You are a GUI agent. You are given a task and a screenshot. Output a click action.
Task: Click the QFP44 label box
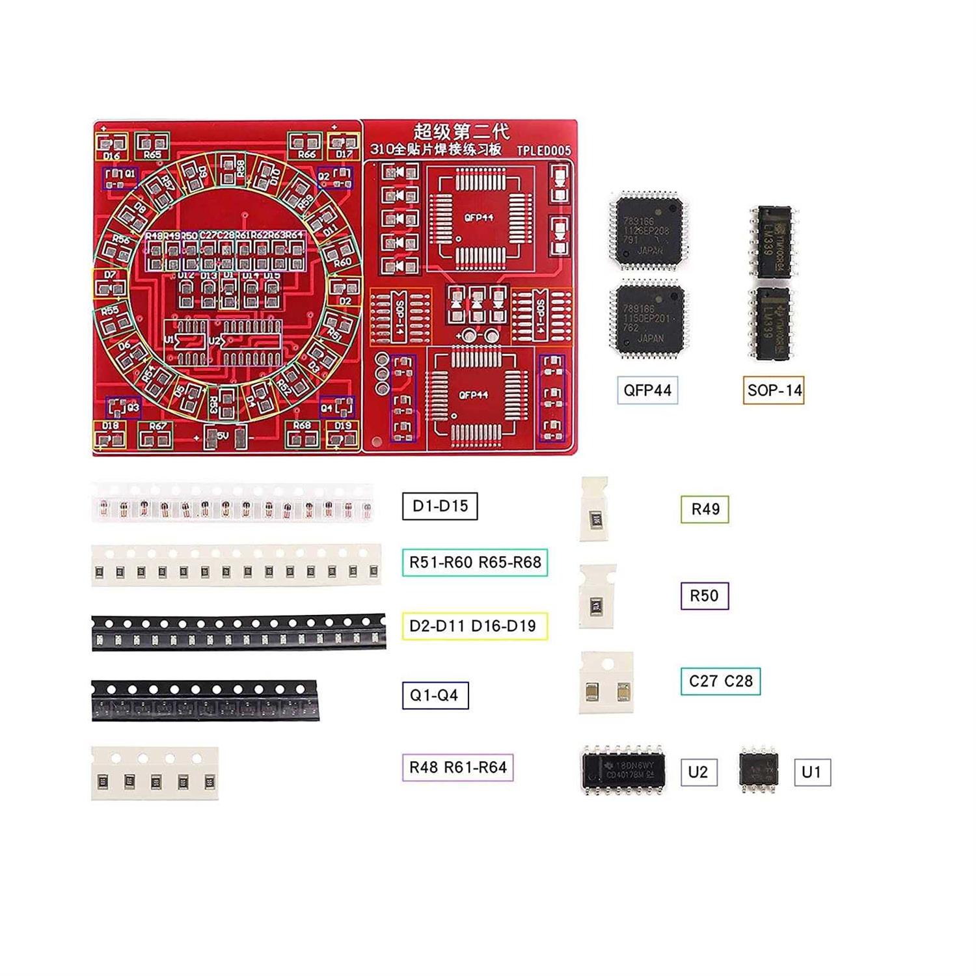(x=647, y=390)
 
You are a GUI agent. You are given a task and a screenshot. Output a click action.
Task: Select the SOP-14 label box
(x=774, y=390)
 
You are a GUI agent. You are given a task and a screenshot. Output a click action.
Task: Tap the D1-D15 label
(x=440, y=506)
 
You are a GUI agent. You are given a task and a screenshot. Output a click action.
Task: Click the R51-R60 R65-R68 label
(x=475, y=562)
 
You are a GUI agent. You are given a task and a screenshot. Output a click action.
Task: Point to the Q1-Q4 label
(x=435, y=695)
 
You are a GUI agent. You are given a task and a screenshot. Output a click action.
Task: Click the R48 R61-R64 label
(x=457, y=767)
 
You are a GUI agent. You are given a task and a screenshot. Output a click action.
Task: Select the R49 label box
(x=705, y=509)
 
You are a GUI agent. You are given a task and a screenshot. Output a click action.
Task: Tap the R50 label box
(x=704, y=595)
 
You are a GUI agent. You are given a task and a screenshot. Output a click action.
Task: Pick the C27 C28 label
(x=720, y=681)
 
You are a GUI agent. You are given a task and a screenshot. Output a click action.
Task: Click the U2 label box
(x=698, y=772)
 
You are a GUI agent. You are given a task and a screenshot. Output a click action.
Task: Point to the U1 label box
(x=811, y=772)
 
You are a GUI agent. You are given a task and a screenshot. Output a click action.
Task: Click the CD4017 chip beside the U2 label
(x=623, y=770)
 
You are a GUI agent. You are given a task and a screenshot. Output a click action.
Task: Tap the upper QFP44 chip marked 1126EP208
(x=648, y=230)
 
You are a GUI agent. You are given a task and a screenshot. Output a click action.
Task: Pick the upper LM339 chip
(x=773, y=242)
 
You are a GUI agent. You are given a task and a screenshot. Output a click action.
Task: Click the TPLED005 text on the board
(x=543, y=150)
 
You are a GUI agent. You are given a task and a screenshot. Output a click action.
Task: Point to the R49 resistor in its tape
(x=595, y=518)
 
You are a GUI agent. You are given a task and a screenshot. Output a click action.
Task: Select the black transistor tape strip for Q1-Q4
(x=204, y=701)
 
